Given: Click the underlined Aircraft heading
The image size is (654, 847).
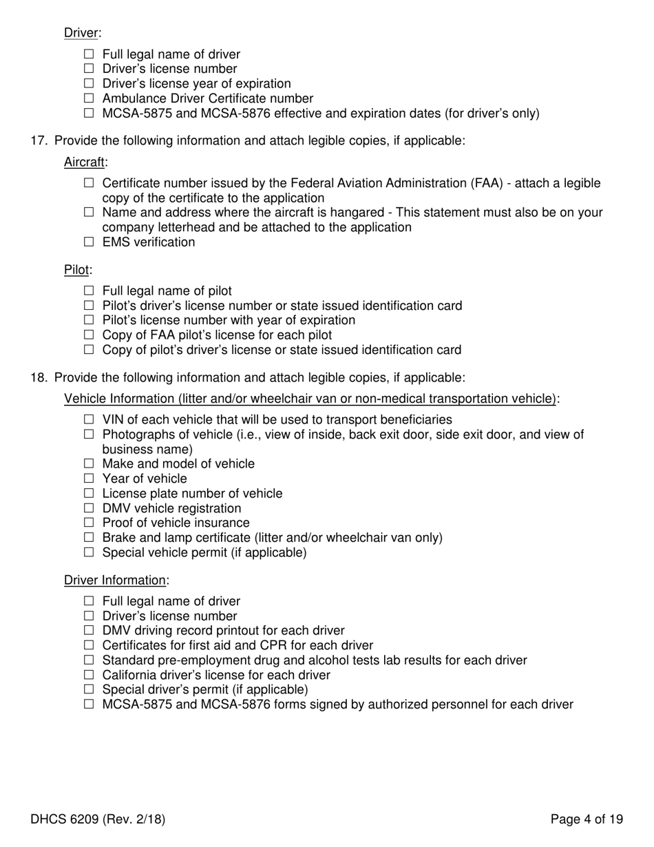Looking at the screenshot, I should pyautogui.click(x=85, y=162).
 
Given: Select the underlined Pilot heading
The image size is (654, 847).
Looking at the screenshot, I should pyautogui.click(x=76, y=269).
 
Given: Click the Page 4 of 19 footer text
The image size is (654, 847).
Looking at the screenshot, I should pyautogui.click(x=587, y=819).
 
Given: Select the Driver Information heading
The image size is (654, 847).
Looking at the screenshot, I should pyautogui.click(x=115, y=581).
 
